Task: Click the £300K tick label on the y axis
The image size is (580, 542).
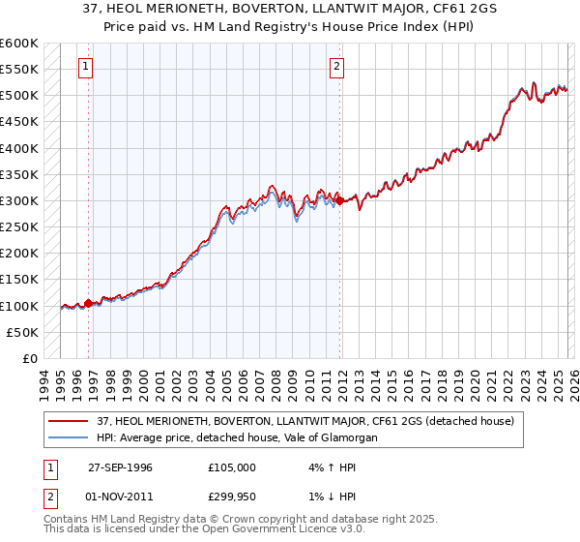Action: point(19,201)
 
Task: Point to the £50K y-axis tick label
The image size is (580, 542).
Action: point(22,332)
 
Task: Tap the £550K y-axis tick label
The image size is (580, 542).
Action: point(19,71)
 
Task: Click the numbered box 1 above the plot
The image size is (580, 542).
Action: point(86,67)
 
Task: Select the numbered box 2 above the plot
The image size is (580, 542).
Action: point(336,67)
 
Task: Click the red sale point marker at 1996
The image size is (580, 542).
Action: point(88,303)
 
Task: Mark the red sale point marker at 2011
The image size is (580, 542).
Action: point(339,201)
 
